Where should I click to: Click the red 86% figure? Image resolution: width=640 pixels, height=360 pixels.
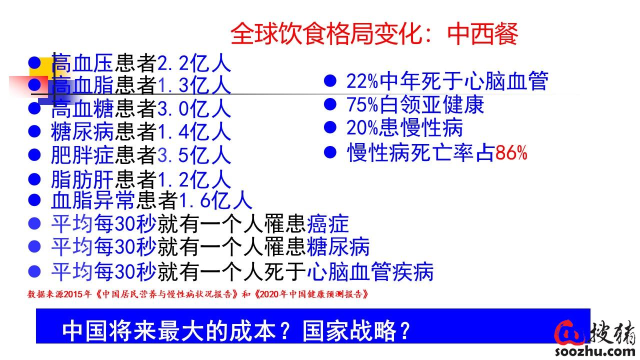[x=511, y=153]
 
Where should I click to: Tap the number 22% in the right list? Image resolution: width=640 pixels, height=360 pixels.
[x=362, y=81]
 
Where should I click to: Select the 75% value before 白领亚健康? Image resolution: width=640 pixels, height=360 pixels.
[x=362, y=104]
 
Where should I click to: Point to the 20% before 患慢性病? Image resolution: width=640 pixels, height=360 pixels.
[x=362, y=127]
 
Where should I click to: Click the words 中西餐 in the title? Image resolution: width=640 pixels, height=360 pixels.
[x=482, y=34]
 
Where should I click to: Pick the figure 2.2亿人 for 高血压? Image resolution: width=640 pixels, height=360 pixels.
[x=194, y=63]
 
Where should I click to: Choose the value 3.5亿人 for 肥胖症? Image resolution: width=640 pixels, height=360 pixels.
[x=194, y=155]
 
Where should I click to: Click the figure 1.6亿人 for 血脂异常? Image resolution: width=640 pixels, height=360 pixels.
[x=215, y=200]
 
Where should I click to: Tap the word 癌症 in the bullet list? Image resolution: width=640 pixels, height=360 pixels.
[x=327, y=223]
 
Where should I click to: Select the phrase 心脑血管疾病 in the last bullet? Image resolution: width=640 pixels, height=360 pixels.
[x=370, y=271]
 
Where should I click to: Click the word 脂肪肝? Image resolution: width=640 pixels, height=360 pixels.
[x=82, y=179]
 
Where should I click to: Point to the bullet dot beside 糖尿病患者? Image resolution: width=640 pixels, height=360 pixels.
[x=34, y=131]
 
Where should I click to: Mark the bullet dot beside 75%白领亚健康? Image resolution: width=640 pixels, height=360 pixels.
[x=330, y=104]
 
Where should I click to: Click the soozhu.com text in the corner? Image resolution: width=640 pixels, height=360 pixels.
[x=595, y=351]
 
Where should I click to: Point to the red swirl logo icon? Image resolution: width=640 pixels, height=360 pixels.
[x=569, y=333]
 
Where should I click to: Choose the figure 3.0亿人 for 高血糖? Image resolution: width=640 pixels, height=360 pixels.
[x=194, y=109]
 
